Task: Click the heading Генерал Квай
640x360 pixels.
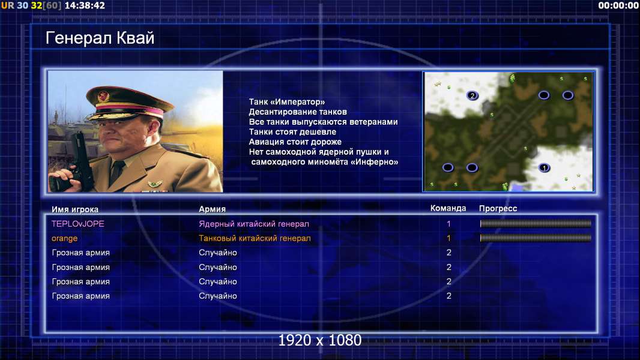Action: click(x=100, y=38)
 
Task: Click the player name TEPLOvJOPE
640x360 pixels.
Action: click(x=78, y=224)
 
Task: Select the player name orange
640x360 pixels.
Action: click(x=64, y=239)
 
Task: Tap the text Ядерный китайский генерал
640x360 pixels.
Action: click(x=254, y=224)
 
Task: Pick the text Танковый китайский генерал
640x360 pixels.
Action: click(x=255, y=238)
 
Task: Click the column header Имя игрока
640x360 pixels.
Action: click(x=75, y=209)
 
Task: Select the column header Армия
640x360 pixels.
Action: click(x=213, y=209)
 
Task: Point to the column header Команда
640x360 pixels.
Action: click(x=448, y=208)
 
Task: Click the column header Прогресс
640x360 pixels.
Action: click(x=498, y=209)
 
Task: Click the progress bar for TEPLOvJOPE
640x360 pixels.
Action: click(x=536, y=223)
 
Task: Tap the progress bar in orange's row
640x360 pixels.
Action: click(x=536, y=238)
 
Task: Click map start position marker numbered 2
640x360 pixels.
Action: click(x=472, y=96)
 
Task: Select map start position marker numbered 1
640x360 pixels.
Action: click(x=544, y=167)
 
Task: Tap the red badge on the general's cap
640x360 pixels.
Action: click(x=103, y=97)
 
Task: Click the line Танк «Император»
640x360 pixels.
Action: click(x=287, y=102)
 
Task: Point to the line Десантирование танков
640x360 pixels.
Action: click(x=298, y=112)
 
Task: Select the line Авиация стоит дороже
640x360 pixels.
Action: click(x=295, y=142)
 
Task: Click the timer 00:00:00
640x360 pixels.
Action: click(x=618, y=5)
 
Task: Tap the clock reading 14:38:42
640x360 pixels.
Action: click(x=85, y=5)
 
